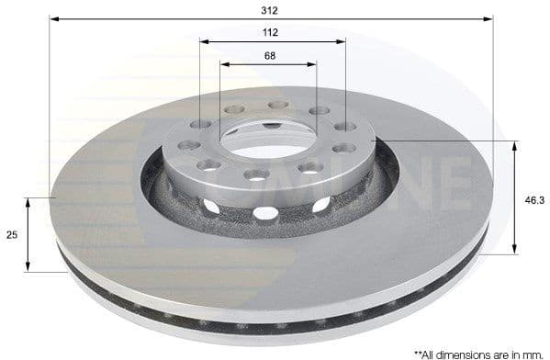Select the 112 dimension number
[x=271, y=32]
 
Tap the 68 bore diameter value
[x=270, y=56]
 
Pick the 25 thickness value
[x=12, y=235]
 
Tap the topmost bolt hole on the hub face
[x=278, y=105]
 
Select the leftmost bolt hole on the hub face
[x=189, y=145]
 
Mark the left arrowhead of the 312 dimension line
[x=53, y=18]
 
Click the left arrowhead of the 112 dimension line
[x=204, y=41]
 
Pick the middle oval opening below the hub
[x=265, y=213]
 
